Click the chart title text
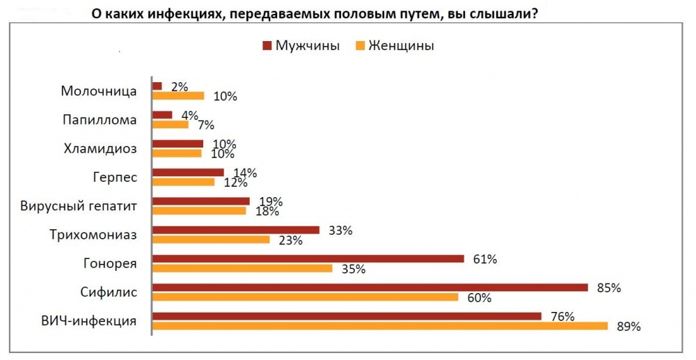coord(315,14)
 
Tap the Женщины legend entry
coord(395,46)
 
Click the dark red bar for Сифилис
coord(370,288)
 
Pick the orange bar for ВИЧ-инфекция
coord(380,326)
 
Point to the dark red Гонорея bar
coord(308,259)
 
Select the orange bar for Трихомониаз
coord(212,240)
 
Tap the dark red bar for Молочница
coord(157,86)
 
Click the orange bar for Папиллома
coord(171,125)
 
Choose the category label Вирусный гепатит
coord(78,206)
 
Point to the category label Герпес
coord(115,178)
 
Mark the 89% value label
coord(628,327)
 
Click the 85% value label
coord(608,288)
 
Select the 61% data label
coord(484,259)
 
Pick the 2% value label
coord(180,86)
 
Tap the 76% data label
coord(562,317)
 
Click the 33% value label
coord(340,230)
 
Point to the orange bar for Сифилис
coord(306,297)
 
